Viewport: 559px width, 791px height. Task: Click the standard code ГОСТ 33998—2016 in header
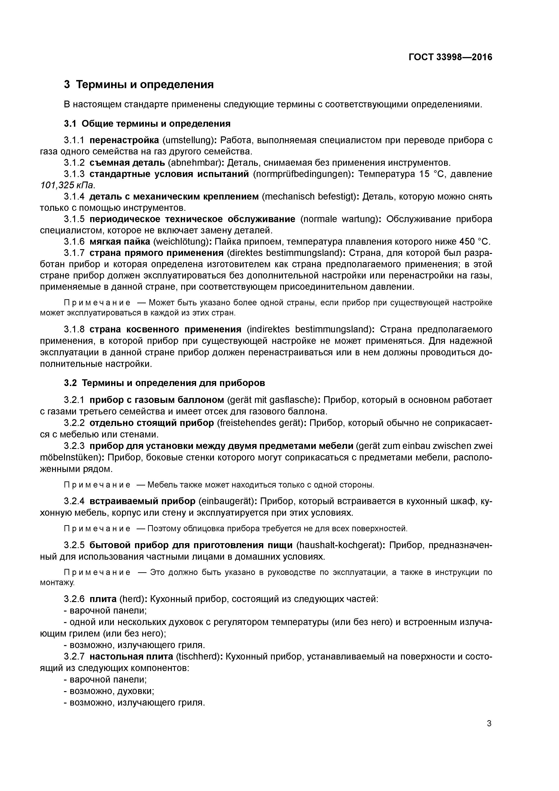coord(450,57)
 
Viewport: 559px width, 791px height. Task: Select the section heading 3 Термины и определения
coord(139,84)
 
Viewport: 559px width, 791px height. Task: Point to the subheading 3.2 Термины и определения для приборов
coord(165,383)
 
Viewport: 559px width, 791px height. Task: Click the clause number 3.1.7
coord(74,253)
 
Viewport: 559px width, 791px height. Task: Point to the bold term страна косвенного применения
coord(165,329)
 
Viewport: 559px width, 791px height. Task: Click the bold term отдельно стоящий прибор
coord(151,423)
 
